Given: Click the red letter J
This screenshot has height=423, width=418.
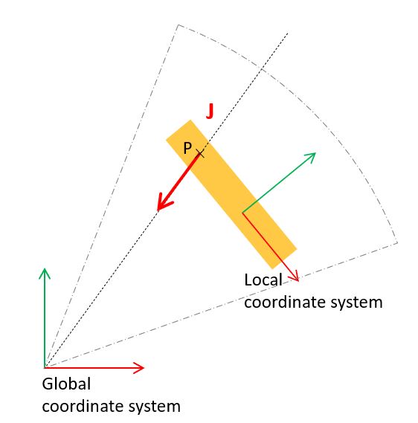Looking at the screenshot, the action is [210, 112].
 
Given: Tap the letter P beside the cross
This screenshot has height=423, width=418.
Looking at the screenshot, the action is [187, 148].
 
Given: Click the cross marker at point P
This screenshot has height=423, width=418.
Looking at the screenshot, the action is [200, 153].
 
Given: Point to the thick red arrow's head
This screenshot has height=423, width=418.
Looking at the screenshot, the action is [164, 202].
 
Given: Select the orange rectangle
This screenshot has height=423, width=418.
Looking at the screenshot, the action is [231, 194].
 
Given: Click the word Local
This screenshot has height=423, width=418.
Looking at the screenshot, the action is [263, 280].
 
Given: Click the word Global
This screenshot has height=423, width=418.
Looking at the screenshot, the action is [66, 384].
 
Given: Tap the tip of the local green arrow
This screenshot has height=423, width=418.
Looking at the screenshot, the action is [315, 153].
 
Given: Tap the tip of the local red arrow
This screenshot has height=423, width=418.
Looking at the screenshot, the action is [298, 281].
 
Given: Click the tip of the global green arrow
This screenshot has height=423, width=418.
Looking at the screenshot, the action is [45, 268].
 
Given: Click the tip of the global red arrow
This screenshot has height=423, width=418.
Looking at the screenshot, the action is [144, 367].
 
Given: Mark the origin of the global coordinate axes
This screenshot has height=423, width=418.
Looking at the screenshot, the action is [45, 367].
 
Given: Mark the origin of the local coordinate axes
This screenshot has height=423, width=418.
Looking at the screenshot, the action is [242, 213].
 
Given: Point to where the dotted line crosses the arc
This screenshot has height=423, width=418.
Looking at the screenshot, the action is [261, 70].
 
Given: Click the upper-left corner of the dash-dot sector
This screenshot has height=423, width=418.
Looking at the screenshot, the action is [178, 25].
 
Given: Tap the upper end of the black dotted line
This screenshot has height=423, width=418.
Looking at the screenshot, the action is [288, 33].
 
